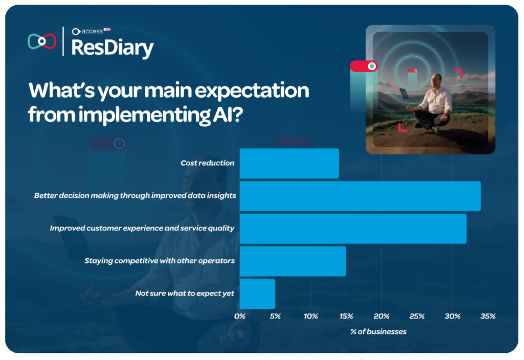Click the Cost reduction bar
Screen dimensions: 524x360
[290, 163]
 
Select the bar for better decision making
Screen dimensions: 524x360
[360, 196]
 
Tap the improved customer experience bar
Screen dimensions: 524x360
[353, 229]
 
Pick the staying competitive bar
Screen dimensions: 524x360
[293, 261]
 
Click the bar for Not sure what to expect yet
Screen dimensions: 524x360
[257, 294]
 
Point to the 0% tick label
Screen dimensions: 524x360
[240, 316]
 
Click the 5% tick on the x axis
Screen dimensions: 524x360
[275, 316]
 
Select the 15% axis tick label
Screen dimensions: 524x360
[346, 316]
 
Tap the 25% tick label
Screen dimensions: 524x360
[417, 316]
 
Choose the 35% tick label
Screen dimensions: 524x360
[488, 316]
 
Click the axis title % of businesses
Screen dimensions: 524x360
[378, 331]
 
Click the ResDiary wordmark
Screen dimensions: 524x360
[112, 48]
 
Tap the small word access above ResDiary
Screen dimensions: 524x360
[92, 31]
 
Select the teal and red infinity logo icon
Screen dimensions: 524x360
[42, 41]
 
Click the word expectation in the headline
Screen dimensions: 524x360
[252, 91]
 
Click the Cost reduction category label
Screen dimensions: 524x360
[208, 163]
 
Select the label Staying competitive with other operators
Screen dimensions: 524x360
[160, 261]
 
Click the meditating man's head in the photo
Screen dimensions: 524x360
[436, 80]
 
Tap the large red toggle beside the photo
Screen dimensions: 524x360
[364, 66]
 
